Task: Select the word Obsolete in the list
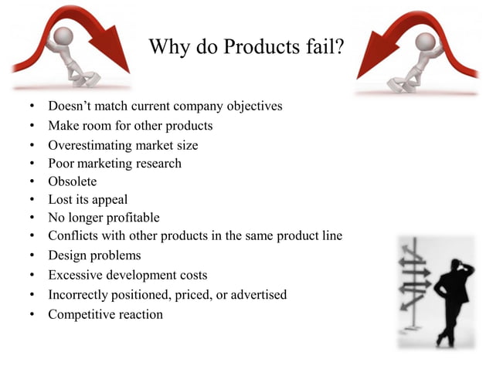pos(73,181)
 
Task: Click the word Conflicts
pos(74,236)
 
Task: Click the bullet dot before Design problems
pos(32,256)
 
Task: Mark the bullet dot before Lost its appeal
pos(32,200)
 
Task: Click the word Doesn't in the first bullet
pos(70,106)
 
